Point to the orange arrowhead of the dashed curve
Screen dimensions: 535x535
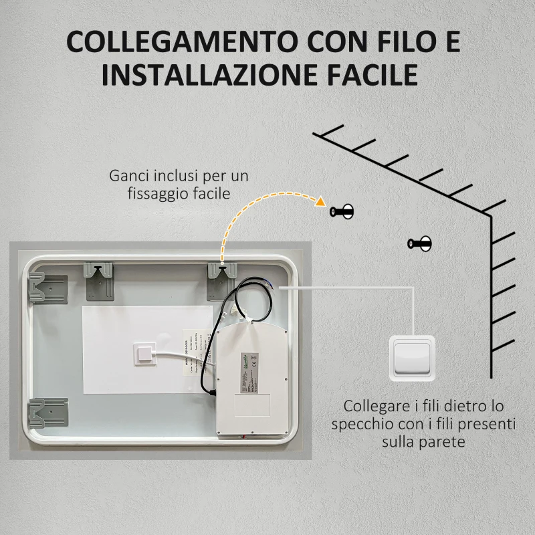(322, 201)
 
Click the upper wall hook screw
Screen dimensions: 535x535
(342, 212)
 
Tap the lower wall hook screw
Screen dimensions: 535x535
(419, 242)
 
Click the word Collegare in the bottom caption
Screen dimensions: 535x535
(372, 407)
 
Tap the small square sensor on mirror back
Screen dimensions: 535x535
(144, 352)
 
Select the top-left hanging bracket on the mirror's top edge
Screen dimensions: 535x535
(98, 279)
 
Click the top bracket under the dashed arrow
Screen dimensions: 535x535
(222, 280)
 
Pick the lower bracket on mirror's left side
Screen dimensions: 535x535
(47, 413)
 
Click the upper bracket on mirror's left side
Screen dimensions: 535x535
(47, 289)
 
